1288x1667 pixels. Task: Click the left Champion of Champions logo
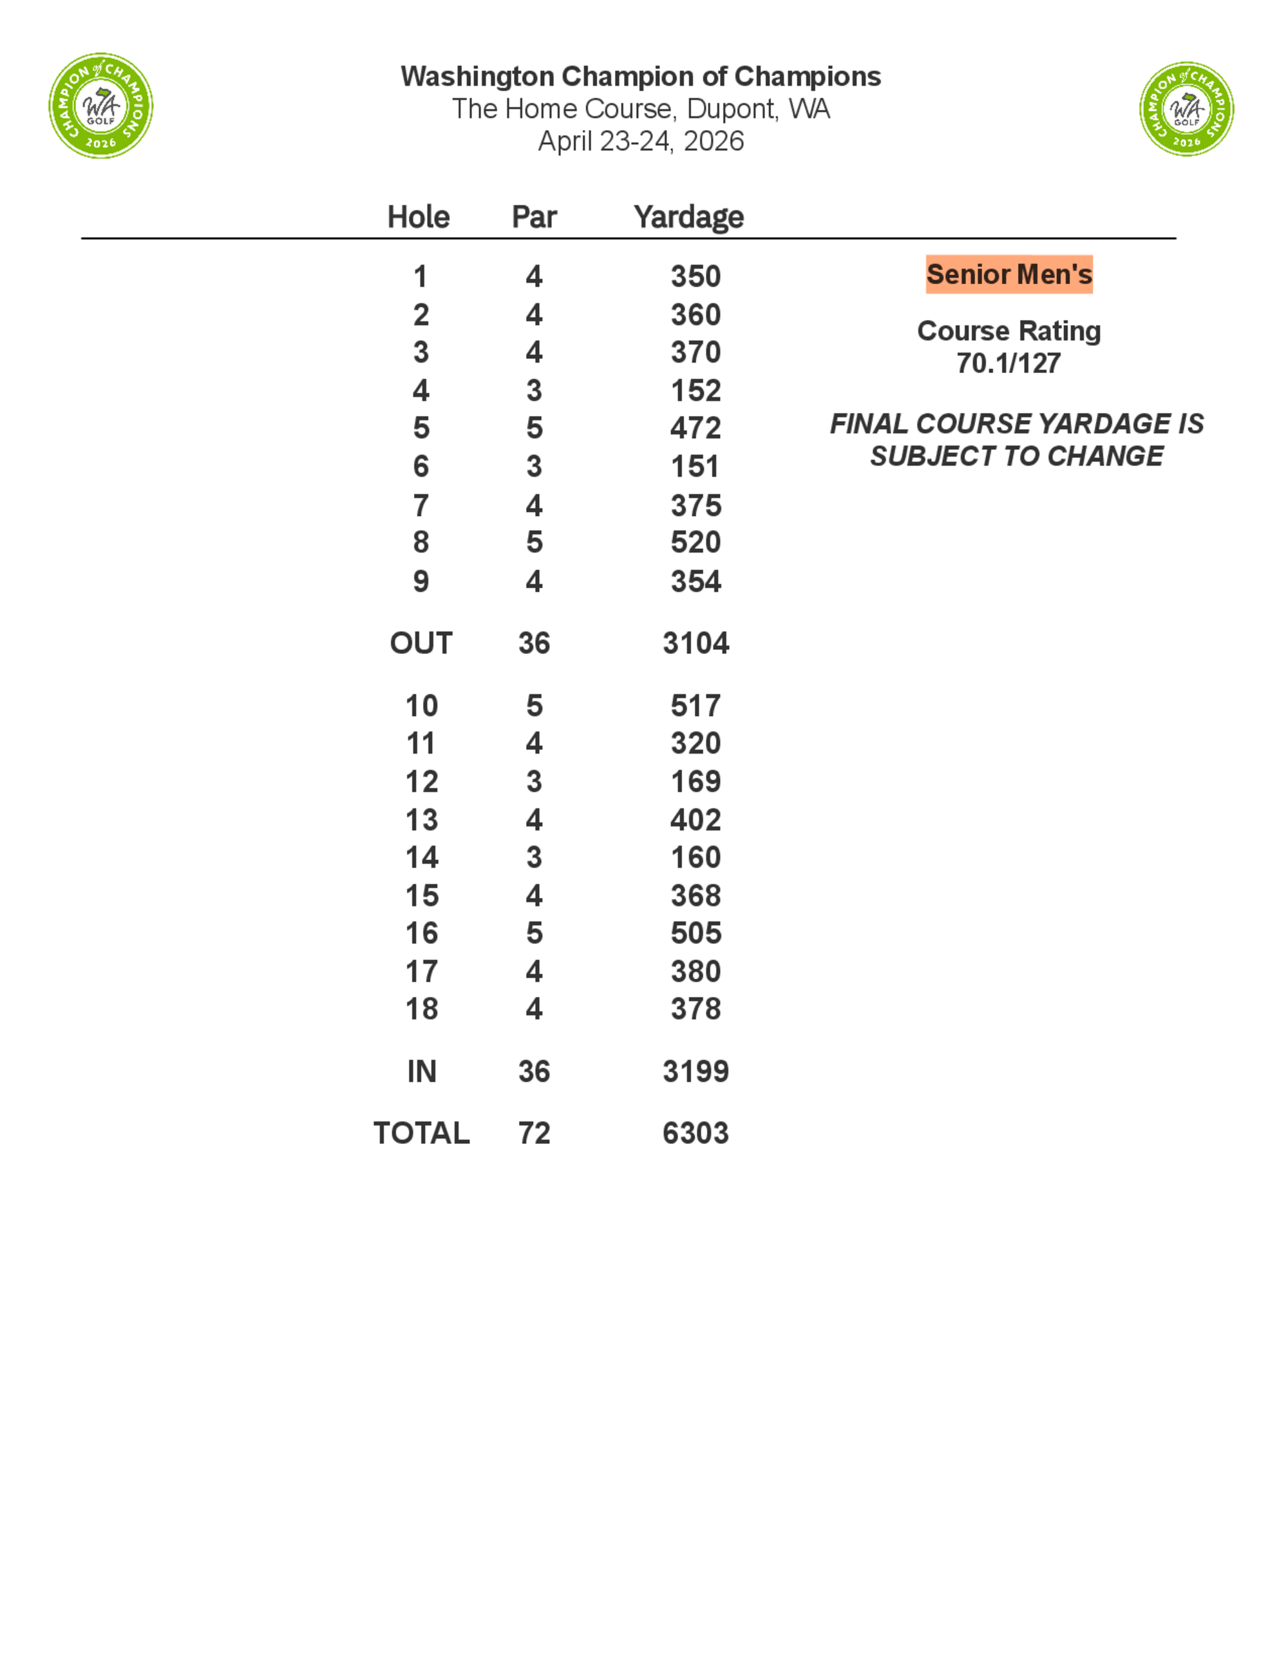(100, 106)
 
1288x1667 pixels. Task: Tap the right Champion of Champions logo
(1186, 109)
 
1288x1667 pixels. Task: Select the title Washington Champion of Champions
(640, 77)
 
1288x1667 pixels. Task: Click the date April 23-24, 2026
(640, 142)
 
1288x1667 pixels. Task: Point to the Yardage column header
(688, 218)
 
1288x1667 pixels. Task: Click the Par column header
(534, 218)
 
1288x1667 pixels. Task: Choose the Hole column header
(418, 218)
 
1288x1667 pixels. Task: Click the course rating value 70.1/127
(1008, 363)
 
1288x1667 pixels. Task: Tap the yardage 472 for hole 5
(695, 428)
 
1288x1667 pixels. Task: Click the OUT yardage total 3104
(695, 643)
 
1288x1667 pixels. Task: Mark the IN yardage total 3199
(695, 1072)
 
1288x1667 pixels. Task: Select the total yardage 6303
(695, 1134)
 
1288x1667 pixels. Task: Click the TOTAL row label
(421, 1134)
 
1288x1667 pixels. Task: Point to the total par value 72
(534, 1134)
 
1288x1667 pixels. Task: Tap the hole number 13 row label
(421, 821)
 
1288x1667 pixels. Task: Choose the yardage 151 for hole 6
(695, 467)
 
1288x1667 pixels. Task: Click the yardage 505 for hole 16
(695, 933)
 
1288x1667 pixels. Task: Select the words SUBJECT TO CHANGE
(1016, 457)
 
